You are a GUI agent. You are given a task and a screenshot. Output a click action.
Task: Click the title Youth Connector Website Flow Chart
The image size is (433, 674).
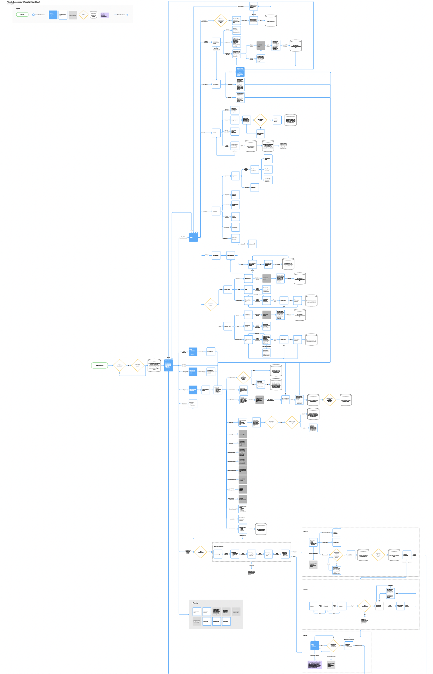(x=24, y=2)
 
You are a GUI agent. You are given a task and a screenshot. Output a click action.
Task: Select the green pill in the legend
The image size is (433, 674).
(x=22, y=15)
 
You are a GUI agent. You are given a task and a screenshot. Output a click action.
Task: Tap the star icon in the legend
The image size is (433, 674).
(x=33, y=15)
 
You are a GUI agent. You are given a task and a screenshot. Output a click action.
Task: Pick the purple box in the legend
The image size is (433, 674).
(x=104, y=15)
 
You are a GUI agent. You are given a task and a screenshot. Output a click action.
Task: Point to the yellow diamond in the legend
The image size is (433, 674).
(x=83, y=15)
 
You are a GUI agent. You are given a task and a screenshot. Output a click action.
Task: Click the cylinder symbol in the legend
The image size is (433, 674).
(x=93, y=15)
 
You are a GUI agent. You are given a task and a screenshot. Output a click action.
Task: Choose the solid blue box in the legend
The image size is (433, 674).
(x=53, y=15)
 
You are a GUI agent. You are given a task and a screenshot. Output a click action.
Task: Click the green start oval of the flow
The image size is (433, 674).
(x=100, y=365)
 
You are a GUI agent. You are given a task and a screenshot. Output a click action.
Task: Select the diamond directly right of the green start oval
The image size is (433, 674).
(x=119, y=366)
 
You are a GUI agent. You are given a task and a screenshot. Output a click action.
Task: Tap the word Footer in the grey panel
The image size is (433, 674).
(x=196, y=603)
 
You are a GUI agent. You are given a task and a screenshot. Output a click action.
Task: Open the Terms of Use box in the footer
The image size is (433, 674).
(x=207, y=621)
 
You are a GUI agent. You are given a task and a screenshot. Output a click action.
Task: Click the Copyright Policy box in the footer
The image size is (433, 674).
(x=216, y=621)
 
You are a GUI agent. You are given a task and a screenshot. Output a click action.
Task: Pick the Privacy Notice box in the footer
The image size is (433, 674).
(x=226, y=621)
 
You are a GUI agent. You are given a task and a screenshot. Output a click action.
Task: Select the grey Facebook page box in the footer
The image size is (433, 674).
(x=197, y=621)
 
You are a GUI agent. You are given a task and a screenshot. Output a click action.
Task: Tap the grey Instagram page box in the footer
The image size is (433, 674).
(x=236, y=611)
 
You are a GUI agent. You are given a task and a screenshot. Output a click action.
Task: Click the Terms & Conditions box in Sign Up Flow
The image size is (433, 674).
(x=337, y=532)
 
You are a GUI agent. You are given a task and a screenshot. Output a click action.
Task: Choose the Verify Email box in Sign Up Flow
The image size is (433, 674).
(x=350, y=555)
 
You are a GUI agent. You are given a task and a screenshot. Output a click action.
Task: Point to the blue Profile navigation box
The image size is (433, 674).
(x=193, y=238)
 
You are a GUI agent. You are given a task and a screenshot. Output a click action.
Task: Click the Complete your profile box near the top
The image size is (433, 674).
(x=216, y=42)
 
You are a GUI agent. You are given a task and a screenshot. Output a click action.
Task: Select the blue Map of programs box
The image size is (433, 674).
(x=193, y=390)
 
